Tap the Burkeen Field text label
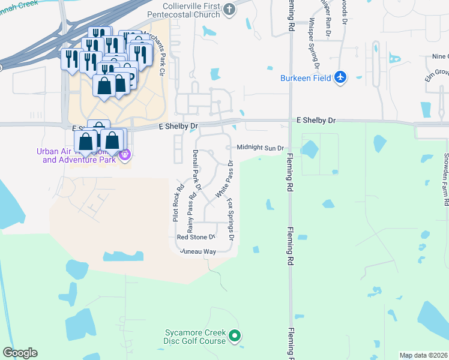pos(306,78)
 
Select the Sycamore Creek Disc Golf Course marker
pos(235,336)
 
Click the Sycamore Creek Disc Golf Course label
pos(196,337)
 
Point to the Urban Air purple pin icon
pos(124,155)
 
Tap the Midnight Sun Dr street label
pos(259,148)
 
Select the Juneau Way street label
pos(197,251)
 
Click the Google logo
pos(20,353)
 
